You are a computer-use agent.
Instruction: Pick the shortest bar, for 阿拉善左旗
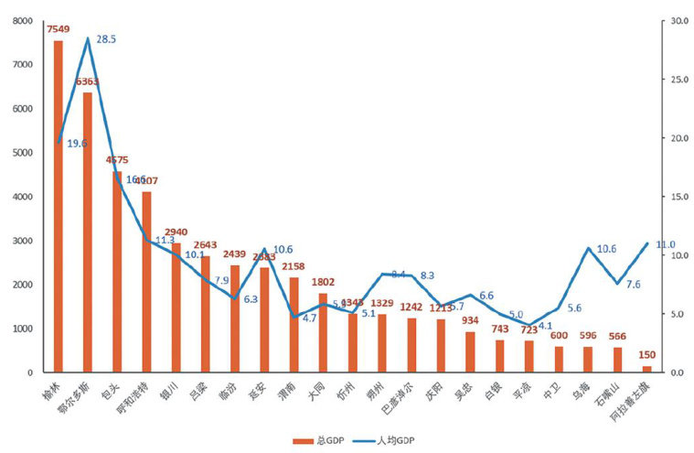click(x=646, y=369)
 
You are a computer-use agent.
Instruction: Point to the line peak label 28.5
click(x=106, y=39)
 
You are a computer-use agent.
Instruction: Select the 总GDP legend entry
click(x=315, y=441)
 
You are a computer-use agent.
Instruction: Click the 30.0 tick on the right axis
click(x=678, y=21)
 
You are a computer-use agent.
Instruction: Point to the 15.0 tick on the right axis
click(x=678, y=197)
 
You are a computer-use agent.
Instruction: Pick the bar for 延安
click(x=264, y=319)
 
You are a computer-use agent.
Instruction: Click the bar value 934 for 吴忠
click(x=470, y=321)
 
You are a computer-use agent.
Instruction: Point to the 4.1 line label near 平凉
click(x=545, y=325)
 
